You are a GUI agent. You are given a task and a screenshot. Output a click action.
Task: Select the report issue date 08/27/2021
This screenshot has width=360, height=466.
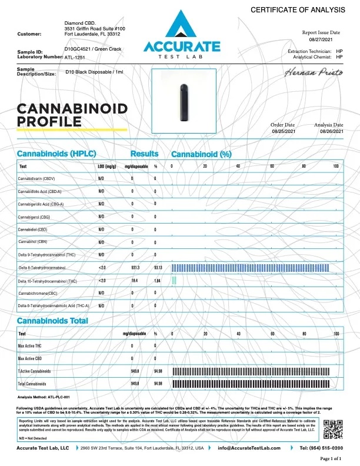click(x=321, y=41)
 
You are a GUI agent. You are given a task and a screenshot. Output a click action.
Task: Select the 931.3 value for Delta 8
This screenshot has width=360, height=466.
click(x=135, y=267)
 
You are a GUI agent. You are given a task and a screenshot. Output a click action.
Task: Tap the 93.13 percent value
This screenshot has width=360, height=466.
click(x=158, y=267)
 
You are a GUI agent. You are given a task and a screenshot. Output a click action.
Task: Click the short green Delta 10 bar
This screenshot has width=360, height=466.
click(x=174, y=280)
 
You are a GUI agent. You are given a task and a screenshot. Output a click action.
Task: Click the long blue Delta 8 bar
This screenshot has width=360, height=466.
click(x=250, y=267)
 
